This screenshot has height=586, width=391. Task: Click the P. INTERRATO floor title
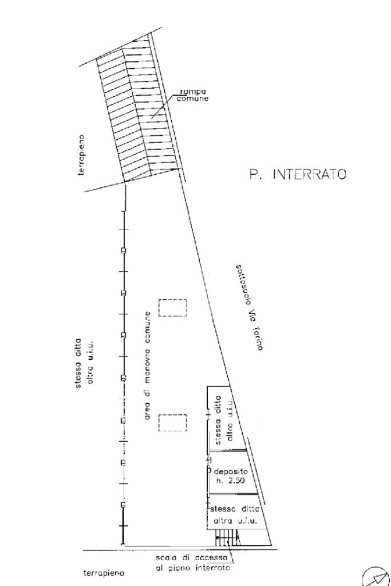[x=298, y=174]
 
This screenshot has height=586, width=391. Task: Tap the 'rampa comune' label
[x=193, y=95]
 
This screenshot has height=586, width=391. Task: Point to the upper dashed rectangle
[x=172, y=308]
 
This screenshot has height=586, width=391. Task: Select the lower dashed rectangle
[x=172, y=423]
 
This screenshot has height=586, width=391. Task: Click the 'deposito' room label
[x=230, y=471]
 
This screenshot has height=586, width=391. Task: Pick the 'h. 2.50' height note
[x=230, y=481]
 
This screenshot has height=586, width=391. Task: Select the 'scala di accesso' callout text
[x=192, y=558]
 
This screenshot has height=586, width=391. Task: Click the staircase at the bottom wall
[x=227, y=538]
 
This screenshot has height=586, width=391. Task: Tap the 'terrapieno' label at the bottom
[x=104, y=573]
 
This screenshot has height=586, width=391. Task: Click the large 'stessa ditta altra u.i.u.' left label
[x=84, y=363]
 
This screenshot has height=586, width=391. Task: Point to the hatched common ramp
[x=140, y=110]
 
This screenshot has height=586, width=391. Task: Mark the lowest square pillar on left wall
[x=123, y=505]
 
